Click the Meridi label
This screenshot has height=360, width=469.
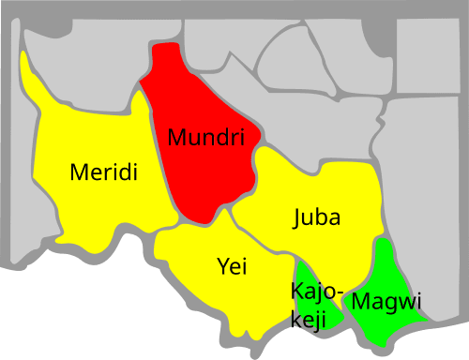pos(104,172)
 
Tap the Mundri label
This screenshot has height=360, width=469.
pos(212,138)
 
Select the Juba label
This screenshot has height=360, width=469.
pos(316,217)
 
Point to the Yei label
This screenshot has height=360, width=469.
pos(232,266)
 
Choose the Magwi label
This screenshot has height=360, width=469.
pos(386,302)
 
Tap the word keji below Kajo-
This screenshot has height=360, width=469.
pos(308,319)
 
